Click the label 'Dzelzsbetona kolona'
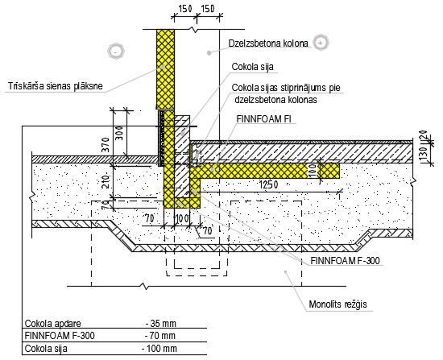tap(268, 43)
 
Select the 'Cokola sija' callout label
tap(253, 67)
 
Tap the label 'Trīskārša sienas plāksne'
tap(56, 86)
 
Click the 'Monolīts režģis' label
tap(338, 304)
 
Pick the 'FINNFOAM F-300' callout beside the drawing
tap(346, 260)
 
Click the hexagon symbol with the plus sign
tap(321, 43)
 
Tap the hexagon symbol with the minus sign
tap(116, 52)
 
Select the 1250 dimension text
tap(268, 184)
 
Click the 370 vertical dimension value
tap(106, 145)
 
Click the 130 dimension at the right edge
tap(424, 154)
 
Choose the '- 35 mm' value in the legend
tap(161, 323)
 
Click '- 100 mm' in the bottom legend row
tap(159, 349)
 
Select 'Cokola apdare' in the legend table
tap(53, 324)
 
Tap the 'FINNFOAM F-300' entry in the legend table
tap(60, 336)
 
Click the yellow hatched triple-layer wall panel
tap(165, 69)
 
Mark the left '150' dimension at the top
tap(185, 9)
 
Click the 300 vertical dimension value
tap(119, 133)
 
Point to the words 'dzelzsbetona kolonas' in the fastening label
tap(275, 100)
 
